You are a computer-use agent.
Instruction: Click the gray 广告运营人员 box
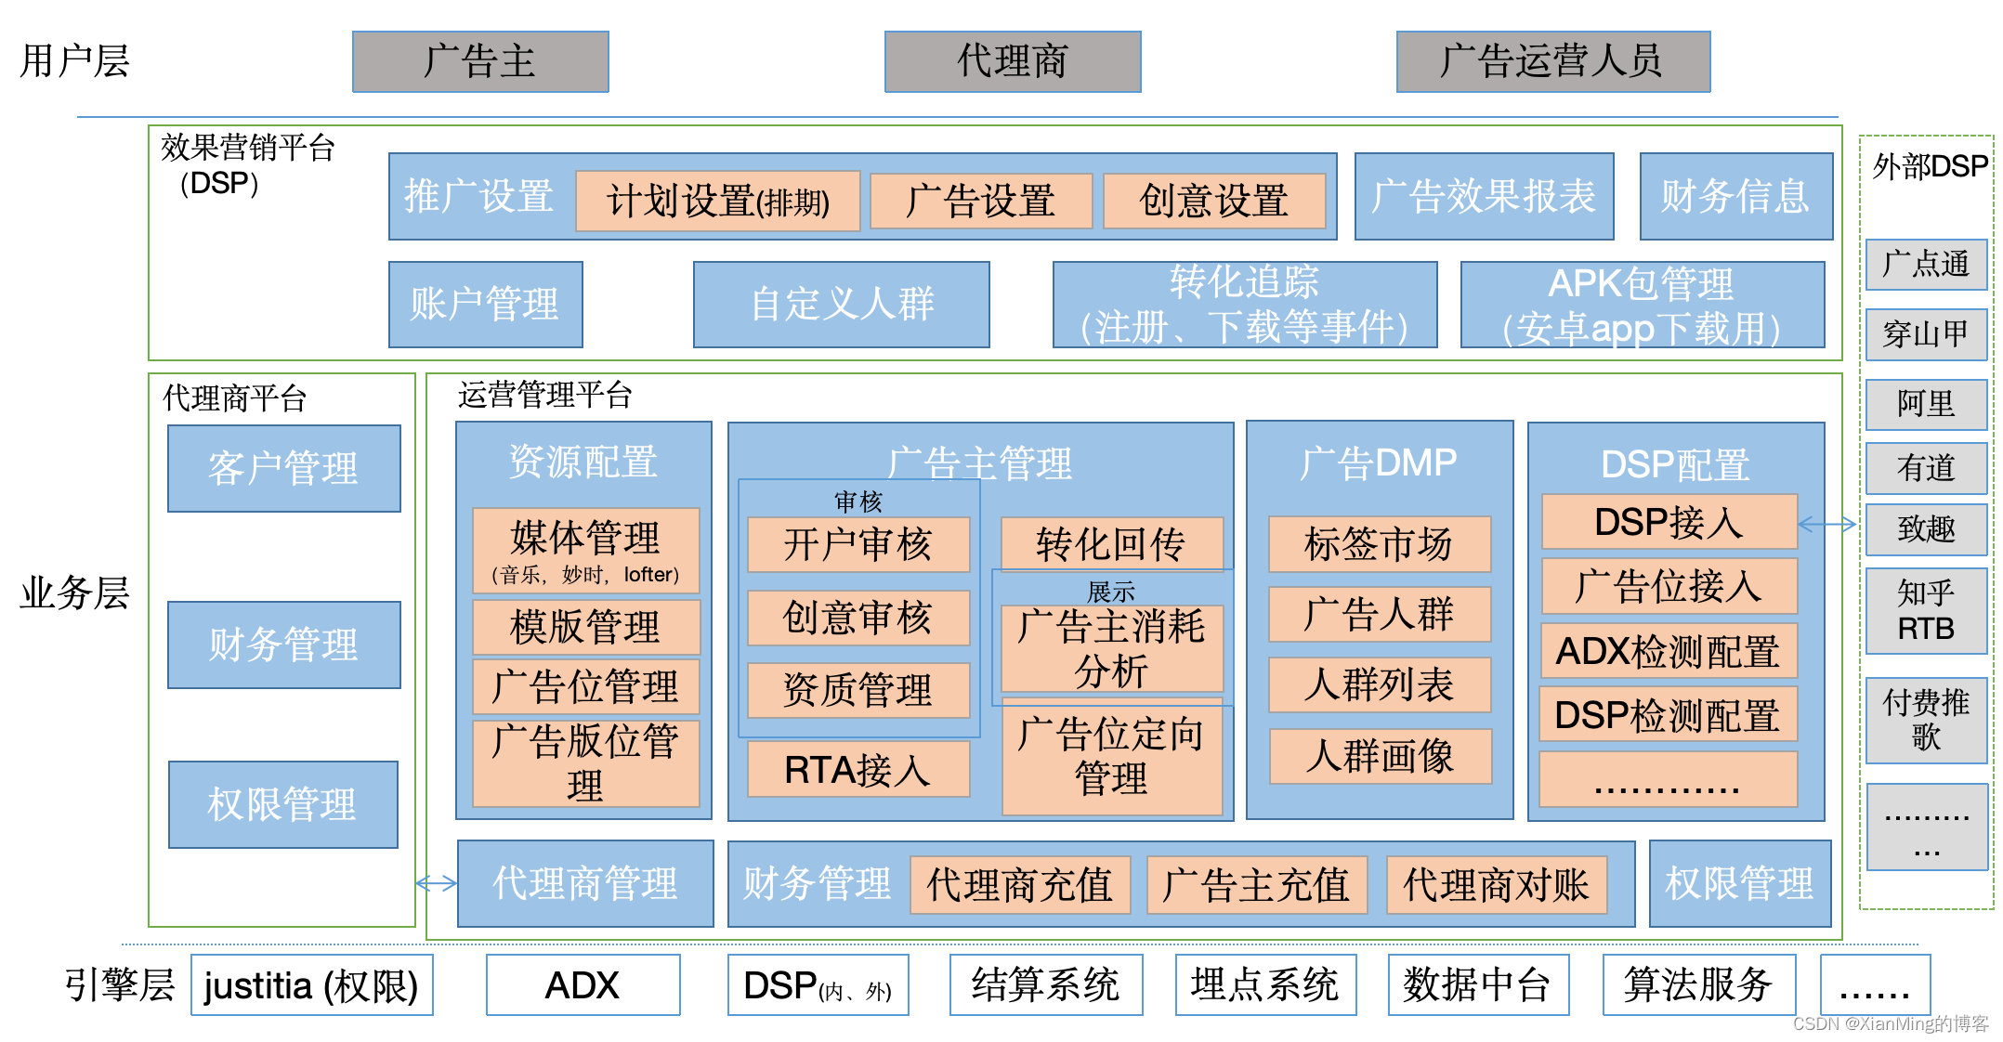point(1552,61)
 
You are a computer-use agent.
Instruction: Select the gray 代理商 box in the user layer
point(1012,61)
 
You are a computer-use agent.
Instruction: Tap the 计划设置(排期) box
point(717,201)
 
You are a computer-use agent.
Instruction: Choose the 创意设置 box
point(1213,201)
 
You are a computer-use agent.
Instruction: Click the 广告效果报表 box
point(1484,197)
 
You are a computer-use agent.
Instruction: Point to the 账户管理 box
point(485,305)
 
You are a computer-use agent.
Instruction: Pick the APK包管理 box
point(1642,305)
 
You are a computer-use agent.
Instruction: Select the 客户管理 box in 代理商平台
point(283,468)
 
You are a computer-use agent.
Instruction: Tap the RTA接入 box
point(857,770)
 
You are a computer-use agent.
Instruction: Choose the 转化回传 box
point(1111,544)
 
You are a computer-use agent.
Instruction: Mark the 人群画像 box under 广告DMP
point(1380,756)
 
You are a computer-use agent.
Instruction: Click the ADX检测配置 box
point(1668,651)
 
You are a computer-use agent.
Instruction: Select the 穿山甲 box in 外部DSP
point(1926,334)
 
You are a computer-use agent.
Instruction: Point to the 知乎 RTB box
point(1926,610)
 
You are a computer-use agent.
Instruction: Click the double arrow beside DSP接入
point(1826,525)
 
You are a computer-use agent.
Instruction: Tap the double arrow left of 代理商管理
point(436,883)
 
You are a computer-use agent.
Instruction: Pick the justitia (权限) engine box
point(311,985)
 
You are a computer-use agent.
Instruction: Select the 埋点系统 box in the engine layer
point(1264,985)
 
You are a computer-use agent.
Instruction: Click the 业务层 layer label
point(74,593)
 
